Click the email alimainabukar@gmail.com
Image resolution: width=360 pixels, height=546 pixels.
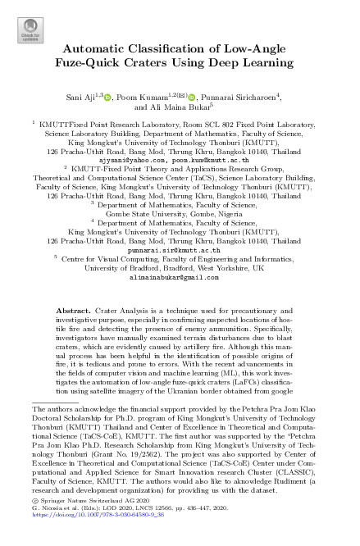[179, 278]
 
